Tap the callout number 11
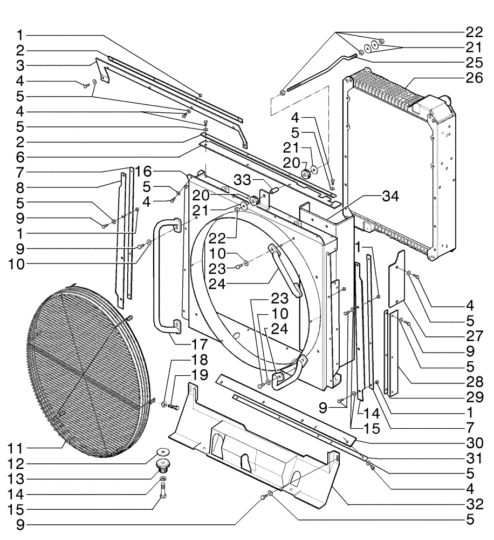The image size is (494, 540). pos(19,449)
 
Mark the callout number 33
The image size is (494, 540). pos(241,182)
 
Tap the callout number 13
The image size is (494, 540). pos(19,479)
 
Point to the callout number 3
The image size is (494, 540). pos(19,65)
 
